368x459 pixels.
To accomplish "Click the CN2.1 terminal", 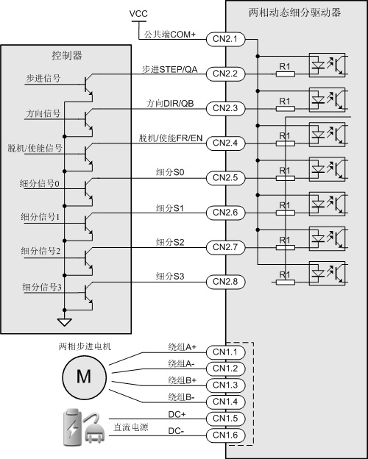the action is [x=225, y=39].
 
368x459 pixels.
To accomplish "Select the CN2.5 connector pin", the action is [x=225, y=178].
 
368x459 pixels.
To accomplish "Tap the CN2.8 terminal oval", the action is [x=225, y=282].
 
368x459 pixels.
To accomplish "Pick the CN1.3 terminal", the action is [x=225, y=385].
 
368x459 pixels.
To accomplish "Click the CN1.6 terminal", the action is [x=225, y=435].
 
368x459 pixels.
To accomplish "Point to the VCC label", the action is [x=138, y=13].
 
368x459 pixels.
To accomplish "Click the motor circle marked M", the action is [x=84, y=377].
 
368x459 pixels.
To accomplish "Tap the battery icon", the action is [x=71, y=427].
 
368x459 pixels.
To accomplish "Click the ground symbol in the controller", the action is [x=65, y=322].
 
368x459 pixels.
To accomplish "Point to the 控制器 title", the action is [x=67, y=55].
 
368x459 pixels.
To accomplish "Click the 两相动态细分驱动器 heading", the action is [x=294, y=13].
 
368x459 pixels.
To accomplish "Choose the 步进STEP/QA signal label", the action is [x=169, y=69].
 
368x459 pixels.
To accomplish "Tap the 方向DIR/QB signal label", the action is [x=170, y=103].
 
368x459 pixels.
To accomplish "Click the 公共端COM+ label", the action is [x=169, y=35].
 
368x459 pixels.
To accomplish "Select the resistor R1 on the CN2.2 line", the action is [x=285, y=74].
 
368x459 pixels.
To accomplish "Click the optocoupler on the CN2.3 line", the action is [x=327, y=100].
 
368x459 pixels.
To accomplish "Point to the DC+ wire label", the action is [x=177, y=414].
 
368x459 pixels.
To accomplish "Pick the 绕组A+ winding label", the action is [x=183, y=347].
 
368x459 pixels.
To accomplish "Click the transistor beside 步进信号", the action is [x=88, y=85].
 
